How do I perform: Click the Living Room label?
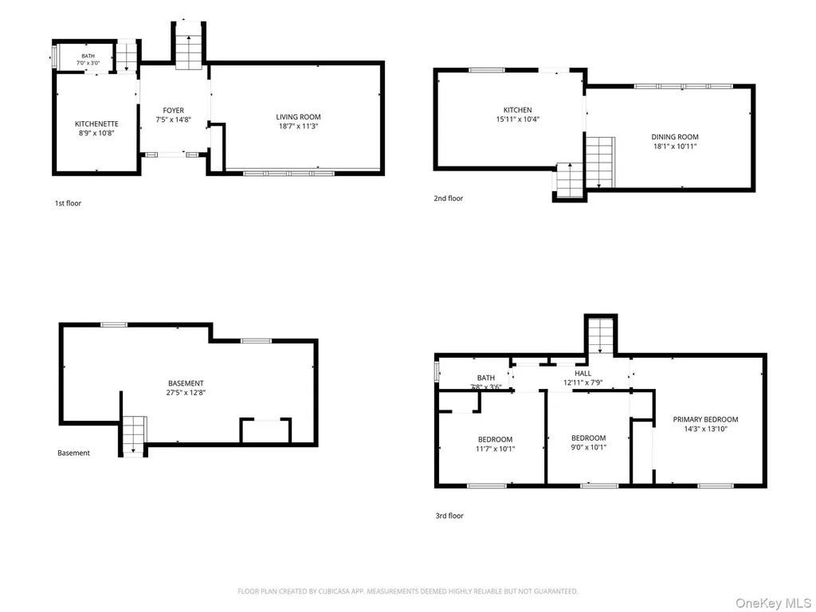point(298,117)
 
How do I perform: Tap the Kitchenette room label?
point(96,124)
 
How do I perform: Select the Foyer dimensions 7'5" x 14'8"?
point(173,120)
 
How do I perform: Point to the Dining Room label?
point(675,137)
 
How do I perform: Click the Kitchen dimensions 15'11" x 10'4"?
point(518,120)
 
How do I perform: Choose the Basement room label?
point(186,383)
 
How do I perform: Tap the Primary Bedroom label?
point(706,419)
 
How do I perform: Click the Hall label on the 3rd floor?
point(583,373)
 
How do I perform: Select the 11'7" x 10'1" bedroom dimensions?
point(496,449)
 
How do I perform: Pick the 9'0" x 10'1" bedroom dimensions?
point(589,447)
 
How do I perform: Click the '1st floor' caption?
point(69,203)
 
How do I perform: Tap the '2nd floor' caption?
point(449,198)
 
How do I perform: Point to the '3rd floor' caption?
point(449,516)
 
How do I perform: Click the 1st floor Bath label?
point(88,57)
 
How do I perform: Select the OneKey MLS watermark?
point(773,603)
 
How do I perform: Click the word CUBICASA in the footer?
point(334,591)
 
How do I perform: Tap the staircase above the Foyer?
point(188,45)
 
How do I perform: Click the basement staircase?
point(134,436)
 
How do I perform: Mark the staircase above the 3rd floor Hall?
point(601,336)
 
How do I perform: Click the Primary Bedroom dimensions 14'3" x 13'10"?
point(706,430)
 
